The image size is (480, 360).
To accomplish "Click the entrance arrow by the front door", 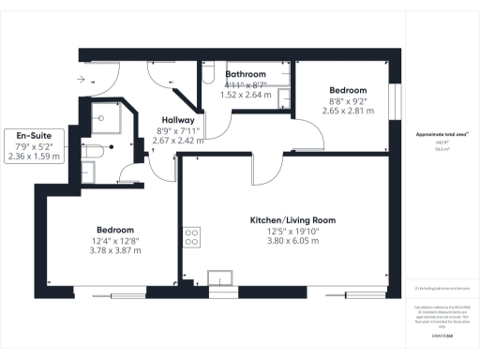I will (85, 79).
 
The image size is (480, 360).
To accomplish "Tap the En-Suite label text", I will (34, 137).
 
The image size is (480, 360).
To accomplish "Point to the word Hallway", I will (178, 120).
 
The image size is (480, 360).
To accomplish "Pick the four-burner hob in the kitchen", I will (193, 235).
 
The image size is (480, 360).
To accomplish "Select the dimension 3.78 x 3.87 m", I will (114, 250).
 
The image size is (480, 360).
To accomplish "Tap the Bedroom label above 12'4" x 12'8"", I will (115, 230).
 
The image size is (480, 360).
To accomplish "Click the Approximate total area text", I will (442, 135).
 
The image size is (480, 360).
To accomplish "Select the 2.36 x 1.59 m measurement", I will (34, 157).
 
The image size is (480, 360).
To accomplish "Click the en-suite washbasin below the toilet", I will (88, 171).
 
